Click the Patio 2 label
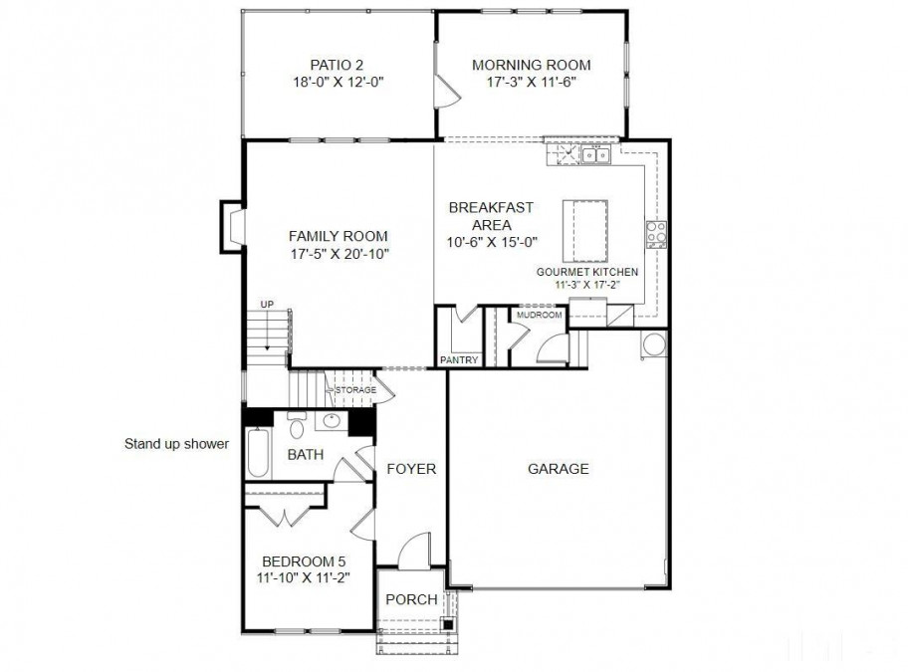[x=337, y=65]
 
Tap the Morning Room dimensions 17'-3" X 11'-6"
[x=531, y=82]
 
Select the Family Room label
[x=339, y=236]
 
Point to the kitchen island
[x=585, y=232]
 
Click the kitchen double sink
[x=595, y=155]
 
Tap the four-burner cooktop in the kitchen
[x=657, y=234]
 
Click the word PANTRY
[x=459, y=360]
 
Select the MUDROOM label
[x=540, y=315]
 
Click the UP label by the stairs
[x=267, y=305]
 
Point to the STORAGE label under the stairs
[x=356, y=390]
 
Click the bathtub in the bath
[x=258, y=452]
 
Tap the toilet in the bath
[x=297, y=425]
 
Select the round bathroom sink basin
[x=333, y=421]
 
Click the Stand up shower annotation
[x=176, y=444]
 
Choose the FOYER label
[x=411, y=468]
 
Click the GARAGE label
[x=559, y=468]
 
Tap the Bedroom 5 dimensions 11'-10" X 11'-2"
[x=304, y=577]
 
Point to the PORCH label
[x=411, y=599]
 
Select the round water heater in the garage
[x=655, y=344]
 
